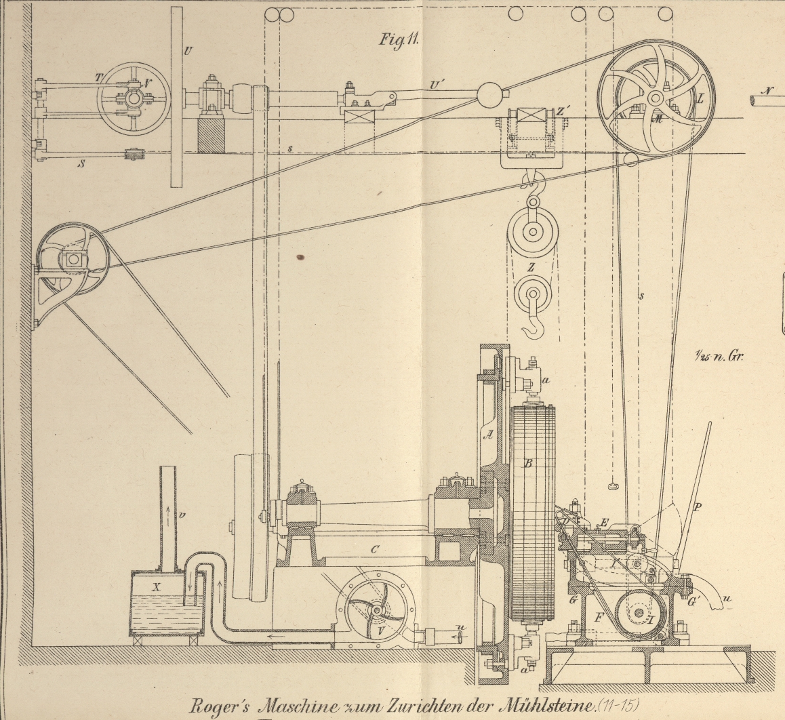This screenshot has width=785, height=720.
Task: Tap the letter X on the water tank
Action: (x=157, y=588)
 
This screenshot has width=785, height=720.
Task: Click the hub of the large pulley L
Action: (x=654, y=98)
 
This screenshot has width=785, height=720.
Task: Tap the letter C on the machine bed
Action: (x=374, y=550)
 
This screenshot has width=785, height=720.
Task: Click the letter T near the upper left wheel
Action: (x=98, y=78)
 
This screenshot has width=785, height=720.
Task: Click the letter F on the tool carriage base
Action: (x=598, y=618)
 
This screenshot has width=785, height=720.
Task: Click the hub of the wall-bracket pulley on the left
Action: (x=73, y=259)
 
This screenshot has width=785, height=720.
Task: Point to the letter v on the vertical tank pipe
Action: (x=182, y=515)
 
